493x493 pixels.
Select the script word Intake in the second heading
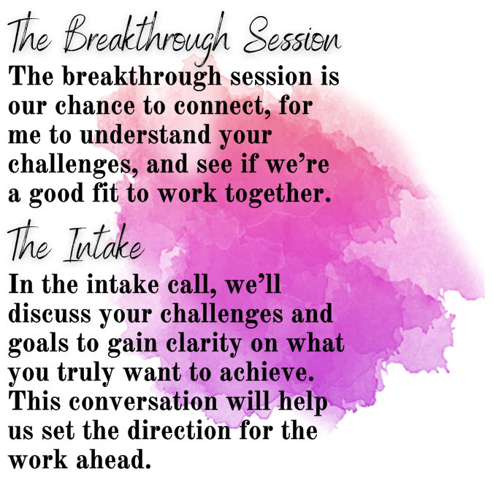(104, 244)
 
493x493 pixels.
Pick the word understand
(145, 134)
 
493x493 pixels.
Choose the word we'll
(253, 284)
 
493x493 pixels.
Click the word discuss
(50, 313)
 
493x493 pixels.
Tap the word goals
(39, 344)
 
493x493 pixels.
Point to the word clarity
(204, 344)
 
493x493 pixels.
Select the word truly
(85, 373)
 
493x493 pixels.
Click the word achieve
(267, 372)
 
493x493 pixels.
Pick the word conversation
(143, 401)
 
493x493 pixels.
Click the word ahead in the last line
(114, 459)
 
